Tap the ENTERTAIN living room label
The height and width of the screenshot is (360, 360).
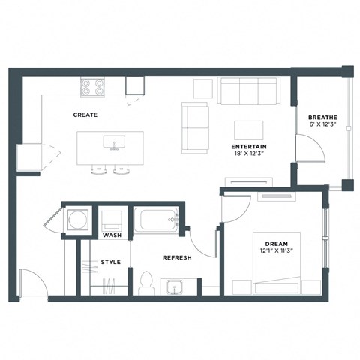pos(250,145)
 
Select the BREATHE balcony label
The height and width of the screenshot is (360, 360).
pos(322,118)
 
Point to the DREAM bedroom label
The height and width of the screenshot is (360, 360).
pos(276,244)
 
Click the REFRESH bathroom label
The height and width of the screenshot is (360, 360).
pos(177,257)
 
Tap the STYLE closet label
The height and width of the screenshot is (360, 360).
pos(110,262)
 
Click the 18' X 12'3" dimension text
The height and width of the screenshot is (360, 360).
pos(250,154)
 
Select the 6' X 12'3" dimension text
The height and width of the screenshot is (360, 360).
pos(322,126)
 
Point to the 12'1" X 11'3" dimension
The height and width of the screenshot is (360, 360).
pos(276,252)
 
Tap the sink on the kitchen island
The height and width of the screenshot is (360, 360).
pos(115,142)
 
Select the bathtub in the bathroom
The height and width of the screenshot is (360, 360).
pos(154,220)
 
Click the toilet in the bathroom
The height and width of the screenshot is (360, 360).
pos(146,282)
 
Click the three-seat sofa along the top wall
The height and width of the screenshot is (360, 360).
pos(248,91)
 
